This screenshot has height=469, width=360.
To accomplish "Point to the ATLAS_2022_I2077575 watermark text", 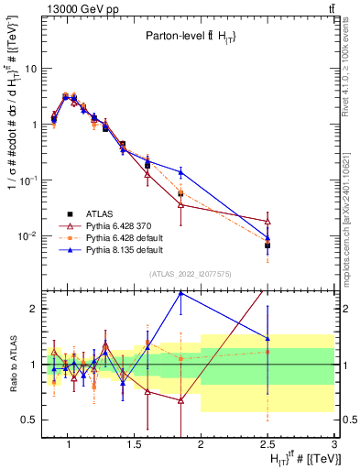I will [191, 273].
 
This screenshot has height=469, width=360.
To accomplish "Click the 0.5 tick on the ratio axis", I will [30, 420].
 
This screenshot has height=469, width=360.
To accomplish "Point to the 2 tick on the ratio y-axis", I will [33, 309].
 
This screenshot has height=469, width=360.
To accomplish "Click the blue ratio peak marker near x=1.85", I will [180, 293].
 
